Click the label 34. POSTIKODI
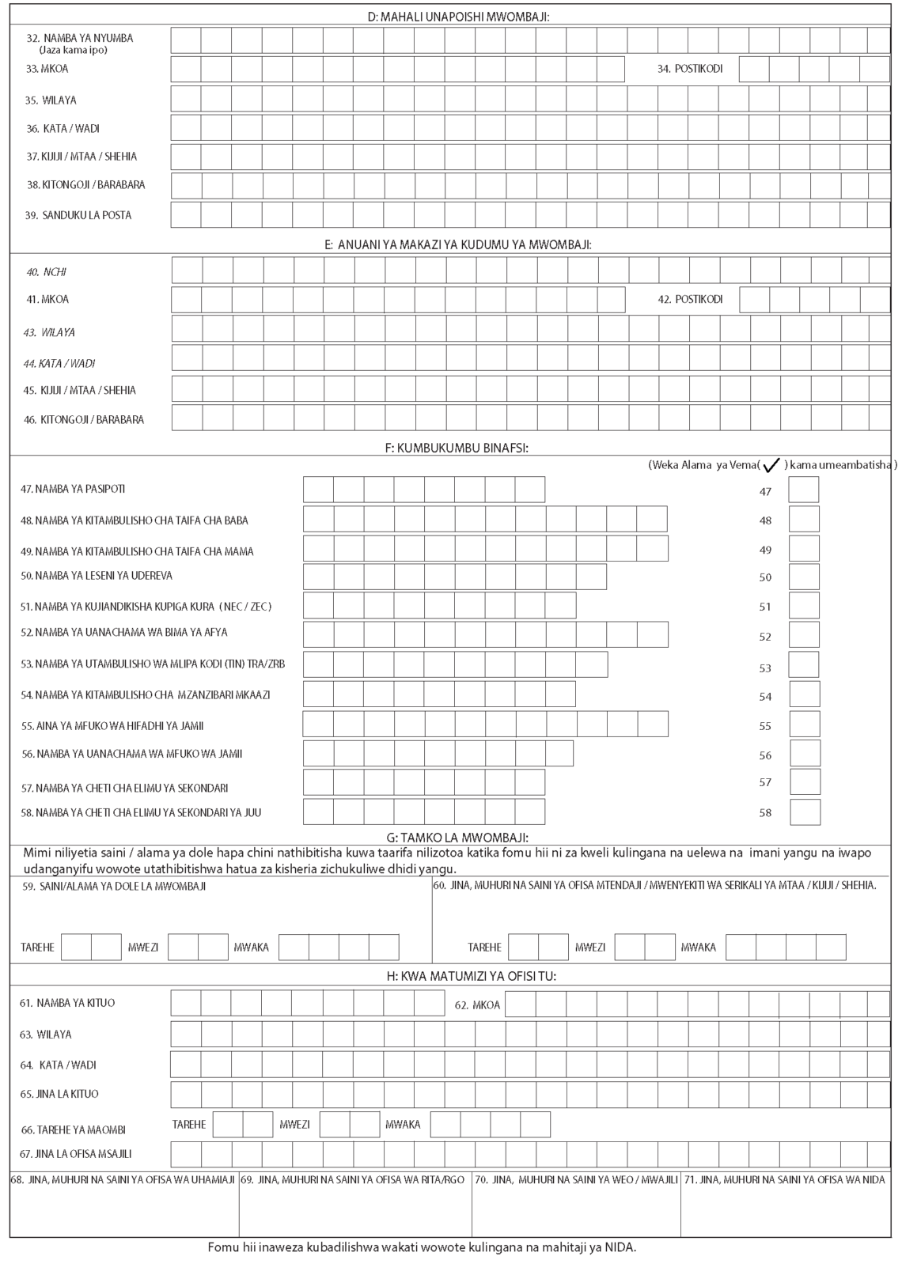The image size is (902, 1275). [690, 69]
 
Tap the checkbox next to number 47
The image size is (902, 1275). [804, 490]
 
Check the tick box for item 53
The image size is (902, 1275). [804, 665]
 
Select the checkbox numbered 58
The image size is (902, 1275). [805, 812]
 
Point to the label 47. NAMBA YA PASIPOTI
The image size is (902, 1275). [73, 490]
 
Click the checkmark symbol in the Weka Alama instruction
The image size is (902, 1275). [771, 465]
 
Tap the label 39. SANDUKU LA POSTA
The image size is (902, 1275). [78, 215]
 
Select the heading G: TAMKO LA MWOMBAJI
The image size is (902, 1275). [450, 838]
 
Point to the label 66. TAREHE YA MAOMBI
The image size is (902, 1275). [73, 1129]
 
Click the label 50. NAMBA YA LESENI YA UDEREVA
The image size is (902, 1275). [97, 576]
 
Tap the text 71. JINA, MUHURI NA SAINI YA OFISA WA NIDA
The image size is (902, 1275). [785, 1180]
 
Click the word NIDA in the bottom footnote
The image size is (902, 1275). [623, 1248]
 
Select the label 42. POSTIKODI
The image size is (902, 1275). [691, 300]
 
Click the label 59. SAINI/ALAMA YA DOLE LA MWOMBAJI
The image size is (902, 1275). [114, 887]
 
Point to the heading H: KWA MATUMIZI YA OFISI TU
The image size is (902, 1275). [450, 976]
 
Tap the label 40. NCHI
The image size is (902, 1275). [47, 272]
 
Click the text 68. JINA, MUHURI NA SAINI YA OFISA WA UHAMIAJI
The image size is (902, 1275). [123, 1180]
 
